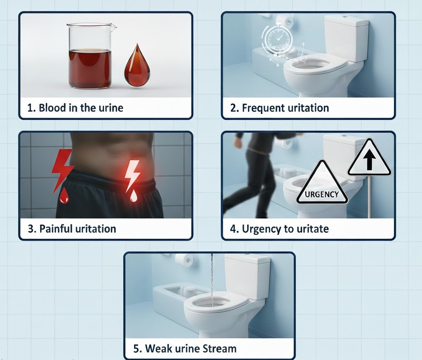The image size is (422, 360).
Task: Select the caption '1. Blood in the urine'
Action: [76, 108]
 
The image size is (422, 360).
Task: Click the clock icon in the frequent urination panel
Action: [277, 39]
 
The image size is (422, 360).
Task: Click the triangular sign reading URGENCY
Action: [322, 184]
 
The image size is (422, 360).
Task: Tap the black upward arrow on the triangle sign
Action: [370, 160]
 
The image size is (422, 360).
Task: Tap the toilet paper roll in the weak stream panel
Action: [184, 260]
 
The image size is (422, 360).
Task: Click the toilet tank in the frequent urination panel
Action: [346, 38]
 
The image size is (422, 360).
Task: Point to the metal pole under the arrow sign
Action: [369, 196]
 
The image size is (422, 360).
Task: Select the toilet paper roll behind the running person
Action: [285, 143]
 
